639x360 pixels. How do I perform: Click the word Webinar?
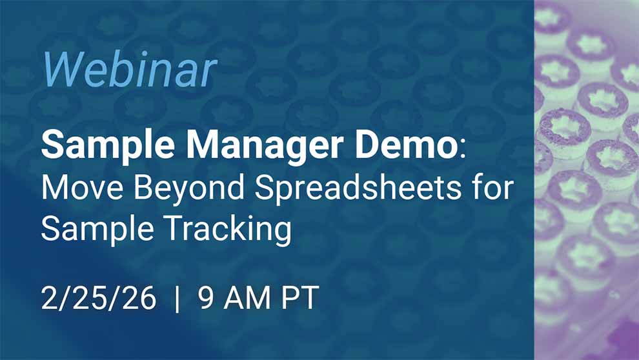coord(130,69)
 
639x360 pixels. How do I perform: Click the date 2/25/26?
coord(99,299)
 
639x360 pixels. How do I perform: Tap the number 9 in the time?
coord(207,299)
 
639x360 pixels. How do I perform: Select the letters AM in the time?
coord(246,299)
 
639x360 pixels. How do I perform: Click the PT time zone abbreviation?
coord(300,299)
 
